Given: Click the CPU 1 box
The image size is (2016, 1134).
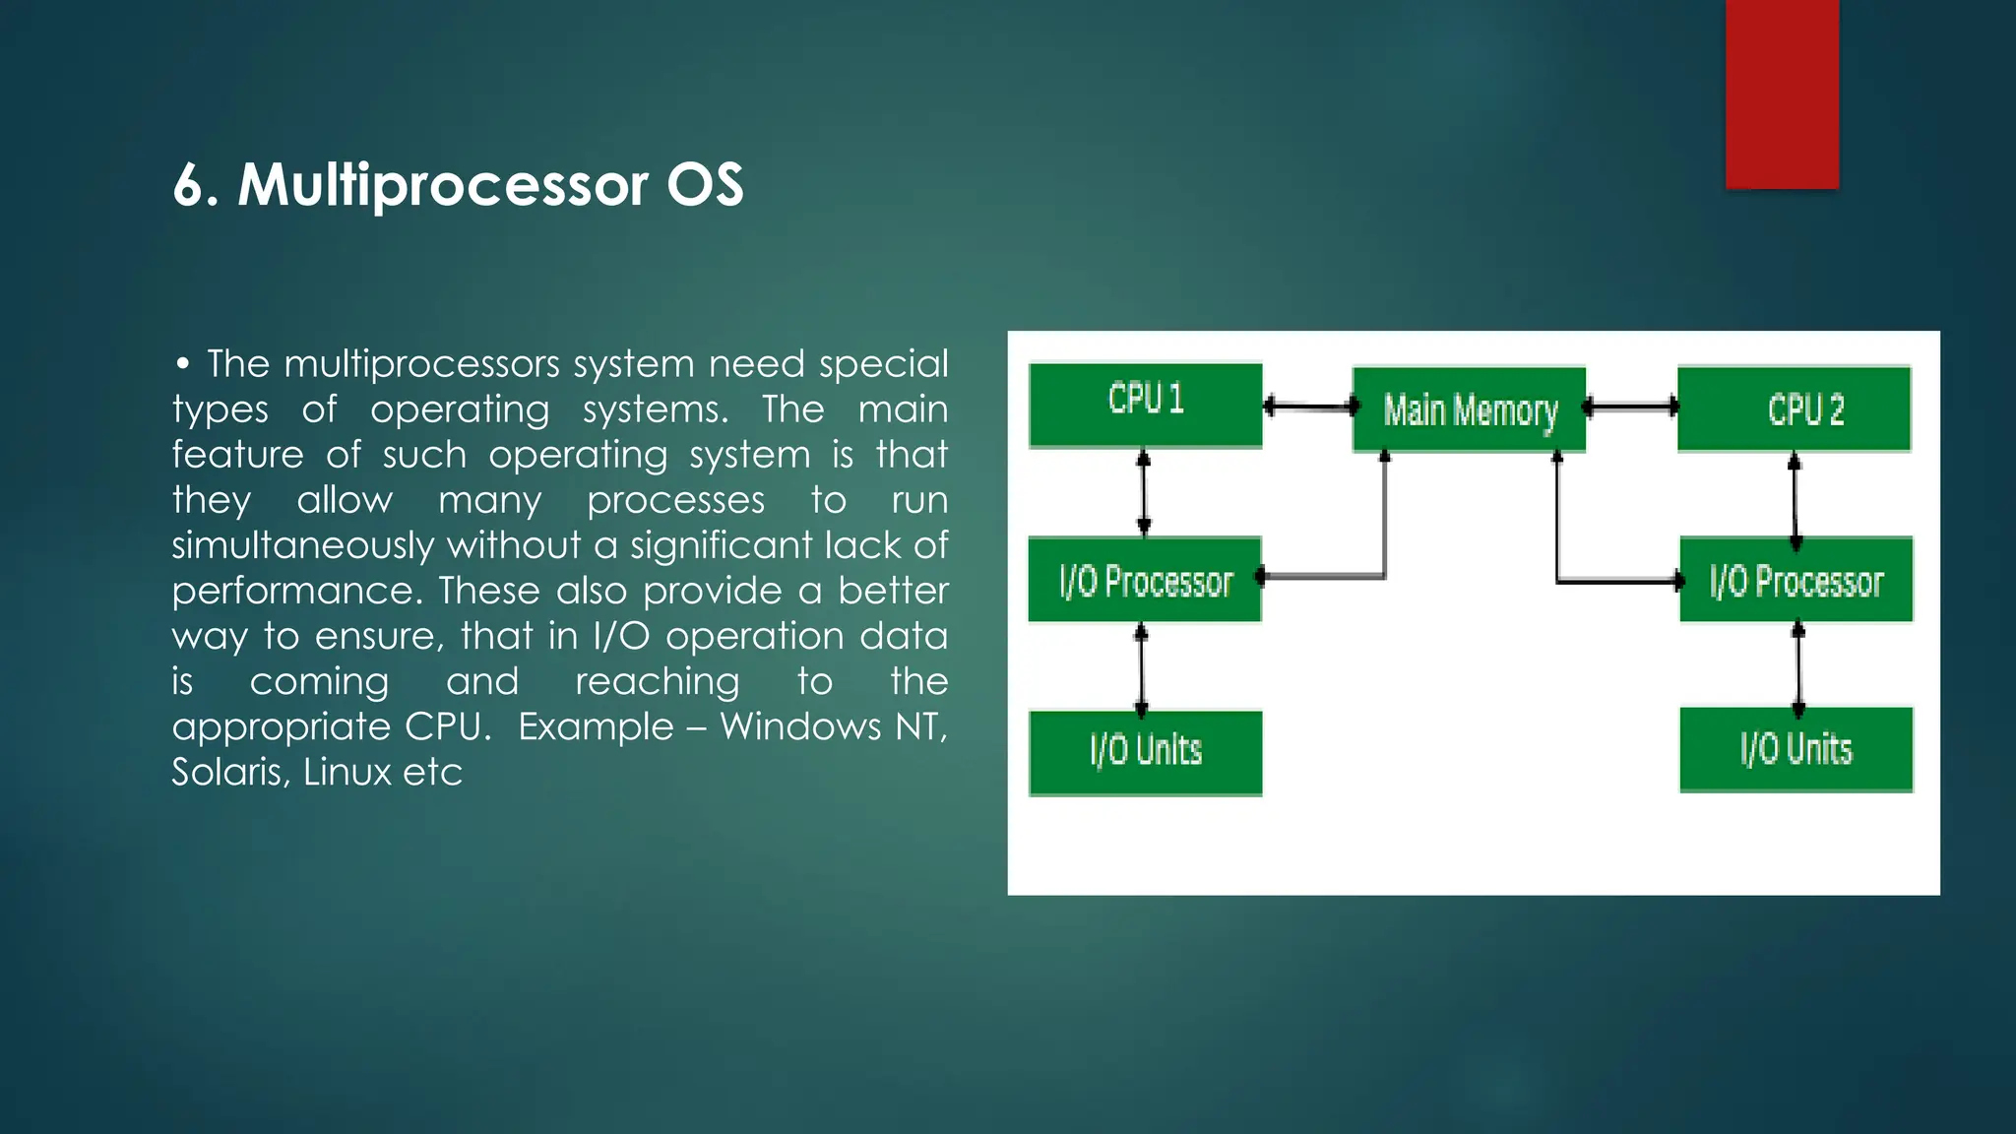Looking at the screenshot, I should (1145, 405).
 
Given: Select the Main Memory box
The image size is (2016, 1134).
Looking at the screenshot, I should (1469, 409).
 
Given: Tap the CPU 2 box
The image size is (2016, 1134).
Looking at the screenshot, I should (1794, 409).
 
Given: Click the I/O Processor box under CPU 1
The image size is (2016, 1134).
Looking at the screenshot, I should (1144, 580).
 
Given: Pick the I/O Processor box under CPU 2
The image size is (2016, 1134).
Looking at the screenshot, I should (1795, 580).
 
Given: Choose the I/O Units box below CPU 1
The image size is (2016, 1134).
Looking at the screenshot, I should (1145, 752).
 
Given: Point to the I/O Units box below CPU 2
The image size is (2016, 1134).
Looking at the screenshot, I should (1795, 749).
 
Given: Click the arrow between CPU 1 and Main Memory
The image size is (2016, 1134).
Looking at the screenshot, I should (1308, 406).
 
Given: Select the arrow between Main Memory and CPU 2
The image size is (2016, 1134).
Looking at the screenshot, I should (1631, 406).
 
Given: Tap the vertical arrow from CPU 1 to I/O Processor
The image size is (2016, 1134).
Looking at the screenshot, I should (1143, 492).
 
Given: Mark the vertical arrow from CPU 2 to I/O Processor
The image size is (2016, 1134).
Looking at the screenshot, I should (1795, 500).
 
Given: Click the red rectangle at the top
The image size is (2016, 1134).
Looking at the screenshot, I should (1782, 94).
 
